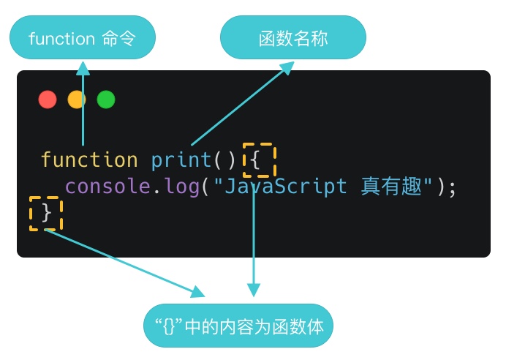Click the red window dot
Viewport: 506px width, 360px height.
tap(48, 100)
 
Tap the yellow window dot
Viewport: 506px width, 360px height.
tap(77, 100)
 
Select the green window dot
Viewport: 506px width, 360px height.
tap(106, 100)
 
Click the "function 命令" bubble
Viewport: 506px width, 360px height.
tap(83, 38)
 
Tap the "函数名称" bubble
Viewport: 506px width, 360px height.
tap(293, 38)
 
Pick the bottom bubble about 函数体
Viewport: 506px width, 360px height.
tap(238, 326)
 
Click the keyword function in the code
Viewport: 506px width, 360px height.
tap(89, 160)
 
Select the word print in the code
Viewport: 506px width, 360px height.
tap(181, 160)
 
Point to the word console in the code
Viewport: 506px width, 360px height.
tap(108, 187)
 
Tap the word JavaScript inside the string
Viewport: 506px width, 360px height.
tap(284, 187)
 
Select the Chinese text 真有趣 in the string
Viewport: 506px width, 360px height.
tap(393, 187)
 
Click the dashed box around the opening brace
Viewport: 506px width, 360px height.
tap(259, 160)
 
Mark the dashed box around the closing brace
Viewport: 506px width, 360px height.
tap(46, 213)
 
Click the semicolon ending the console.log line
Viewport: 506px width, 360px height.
tap(452, 187)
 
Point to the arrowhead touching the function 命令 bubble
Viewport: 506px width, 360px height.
tap(83, 67)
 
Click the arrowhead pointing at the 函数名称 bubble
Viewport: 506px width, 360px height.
tap(285, 68)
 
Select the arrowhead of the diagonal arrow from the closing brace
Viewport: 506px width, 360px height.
tap(198, 292)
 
